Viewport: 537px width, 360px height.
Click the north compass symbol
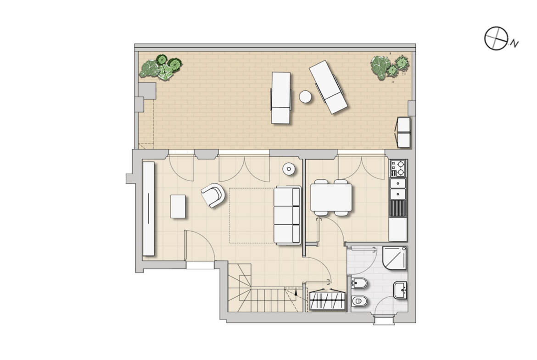coord(496,39)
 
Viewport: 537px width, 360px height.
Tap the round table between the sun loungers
coord(305,97)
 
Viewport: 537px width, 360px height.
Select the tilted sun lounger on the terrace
coord(328,87)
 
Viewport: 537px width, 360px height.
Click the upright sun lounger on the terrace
coord(281,98)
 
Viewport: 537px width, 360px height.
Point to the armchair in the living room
coord(213,195)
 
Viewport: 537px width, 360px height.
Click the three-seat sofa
coord(287,215)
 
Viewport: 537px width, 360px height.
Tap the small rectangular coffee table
coord(178,206)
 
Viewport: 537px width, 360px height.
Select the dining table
coord(331,198)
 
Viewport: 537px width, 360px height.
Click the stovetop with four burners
coord(397,168)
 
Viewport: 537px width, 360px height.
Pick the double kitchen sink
coord(397,188)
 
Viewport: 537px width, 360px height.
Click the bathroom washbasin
coord(400,290)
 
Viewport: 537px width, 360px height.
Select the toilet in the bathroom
coord(359,301)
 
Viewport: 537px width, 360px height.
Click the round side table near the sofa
coord(289,169)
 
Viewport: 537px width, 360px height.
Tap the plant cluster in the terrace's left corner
coord(160,68)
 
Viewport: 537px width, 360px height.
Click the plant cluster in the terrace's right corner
coord(390,67)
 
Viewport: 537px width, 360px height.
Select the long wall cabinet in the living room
coord(149,208)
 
